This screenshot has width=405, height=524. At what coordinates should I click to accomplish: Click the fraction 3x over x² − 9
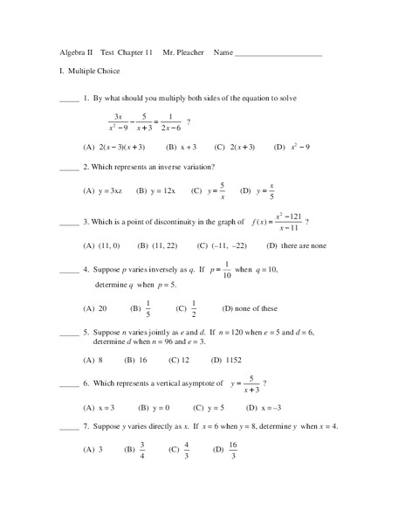(x=119, y=122)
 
